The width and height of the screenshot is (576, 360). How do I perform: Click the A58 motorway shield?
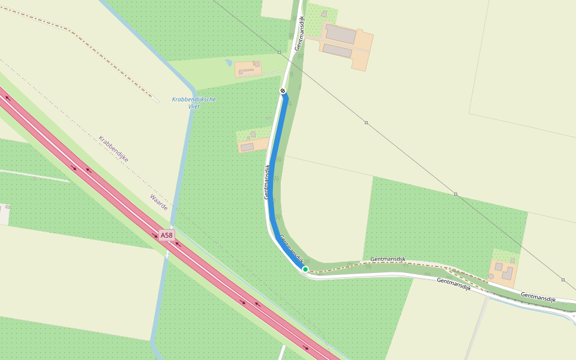click(x=167, y=235)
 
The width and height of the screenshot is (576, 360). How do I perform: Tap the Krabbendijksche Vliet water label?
click(x=194, y=103)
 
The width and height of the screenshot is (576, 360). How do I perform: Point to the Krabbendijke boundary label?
click(x=113, y=149)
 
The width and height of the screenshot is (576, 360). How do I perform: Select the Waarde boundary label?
click(x=159, y=202)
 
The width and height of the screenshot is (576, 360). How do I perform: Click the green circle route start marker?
click(x=305, y=269)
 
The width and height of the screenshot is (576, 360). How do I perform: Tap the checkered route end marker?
click(x=283, y=91)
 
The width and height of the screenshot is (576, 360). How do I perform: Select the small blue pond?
click(x=229, y=62)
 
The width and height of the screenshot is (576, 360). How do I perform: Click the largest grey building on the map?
click(x=341, y=34)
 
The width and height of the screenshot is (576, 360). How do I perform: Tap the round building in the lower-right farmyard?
click(x=491, y=276)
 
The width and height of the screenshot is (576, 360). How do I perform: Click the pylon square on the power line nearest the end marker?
click(x=279, y=53)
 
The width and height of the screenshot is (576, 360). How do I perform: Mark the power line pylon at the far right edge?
click(x=563, y=280)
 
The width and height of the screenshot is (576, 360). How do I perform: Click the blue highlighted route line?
click(x=272, y=174)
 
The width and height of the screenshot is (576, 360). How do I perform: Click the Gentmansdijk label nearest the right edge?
click(x=538, y=296)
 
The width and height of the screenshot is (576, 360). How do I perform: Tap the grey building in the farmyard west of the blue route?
click(x=247, y=147)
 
